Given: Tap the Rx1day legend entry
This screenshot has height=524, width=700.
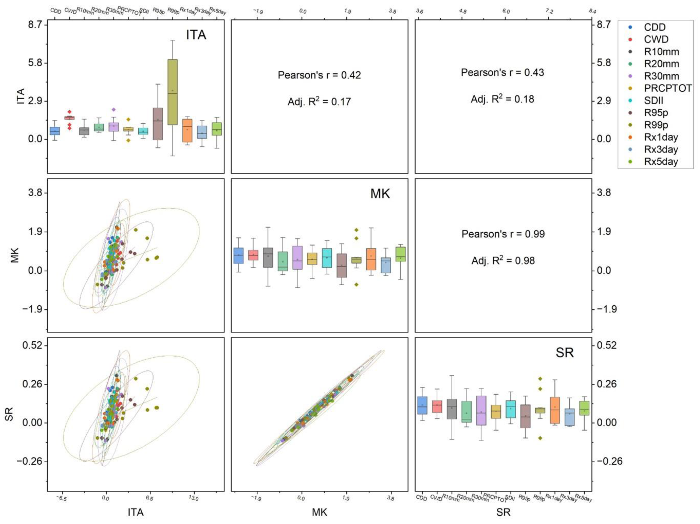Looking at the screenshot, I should pos(661,137).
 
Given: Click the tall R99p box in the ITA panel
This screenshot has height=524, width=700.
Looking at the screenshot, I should pos(172,92).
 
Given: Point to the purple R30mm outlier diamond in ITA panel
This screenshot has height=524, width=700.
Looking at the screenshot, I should pos(114,110).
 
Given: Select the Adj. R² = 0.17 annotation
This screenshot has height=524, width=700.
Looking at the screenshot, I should pos(319,102).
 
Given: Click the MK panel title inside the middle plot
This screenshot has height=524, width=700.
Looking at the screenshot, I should pos(380,194).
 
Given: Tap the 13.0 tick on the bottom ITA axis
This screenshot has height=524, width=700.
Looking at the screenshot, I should pos(193,498).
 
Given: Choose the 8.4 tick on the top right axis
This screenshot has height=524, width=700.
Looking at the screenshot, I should pos(592,11).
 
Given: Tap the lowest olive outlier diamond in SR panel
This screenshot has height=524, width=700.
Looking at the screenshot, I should pos(540,438).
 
